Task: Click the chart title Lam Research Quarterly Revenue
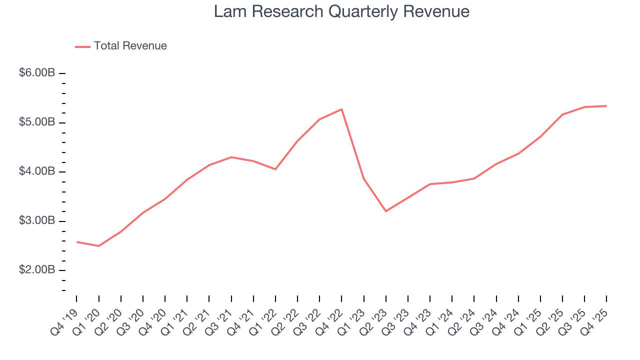[341, 11]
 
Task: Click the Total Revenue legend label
[130, 46]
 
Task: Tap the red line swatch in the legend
[82, 46]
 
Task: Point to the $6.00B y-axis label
[37, 73]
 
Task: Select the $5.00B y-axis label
[37, 122]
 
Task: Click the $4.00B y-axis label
[37, 171]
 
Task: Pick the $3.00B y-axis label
[37, 221]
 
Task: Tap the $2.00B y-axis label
[37, 270]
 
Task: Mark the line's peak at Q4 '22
[341, 109]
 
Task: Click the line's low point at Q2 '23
[385, 211]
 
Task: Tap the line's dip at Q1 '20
[98, 246]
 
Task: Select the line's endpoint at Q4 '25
[606, 106]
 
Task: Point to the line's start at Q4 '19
[76, 242]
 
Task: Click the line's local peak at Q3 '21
[231, 157]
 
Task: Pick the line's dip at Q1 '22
[275, 169]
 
